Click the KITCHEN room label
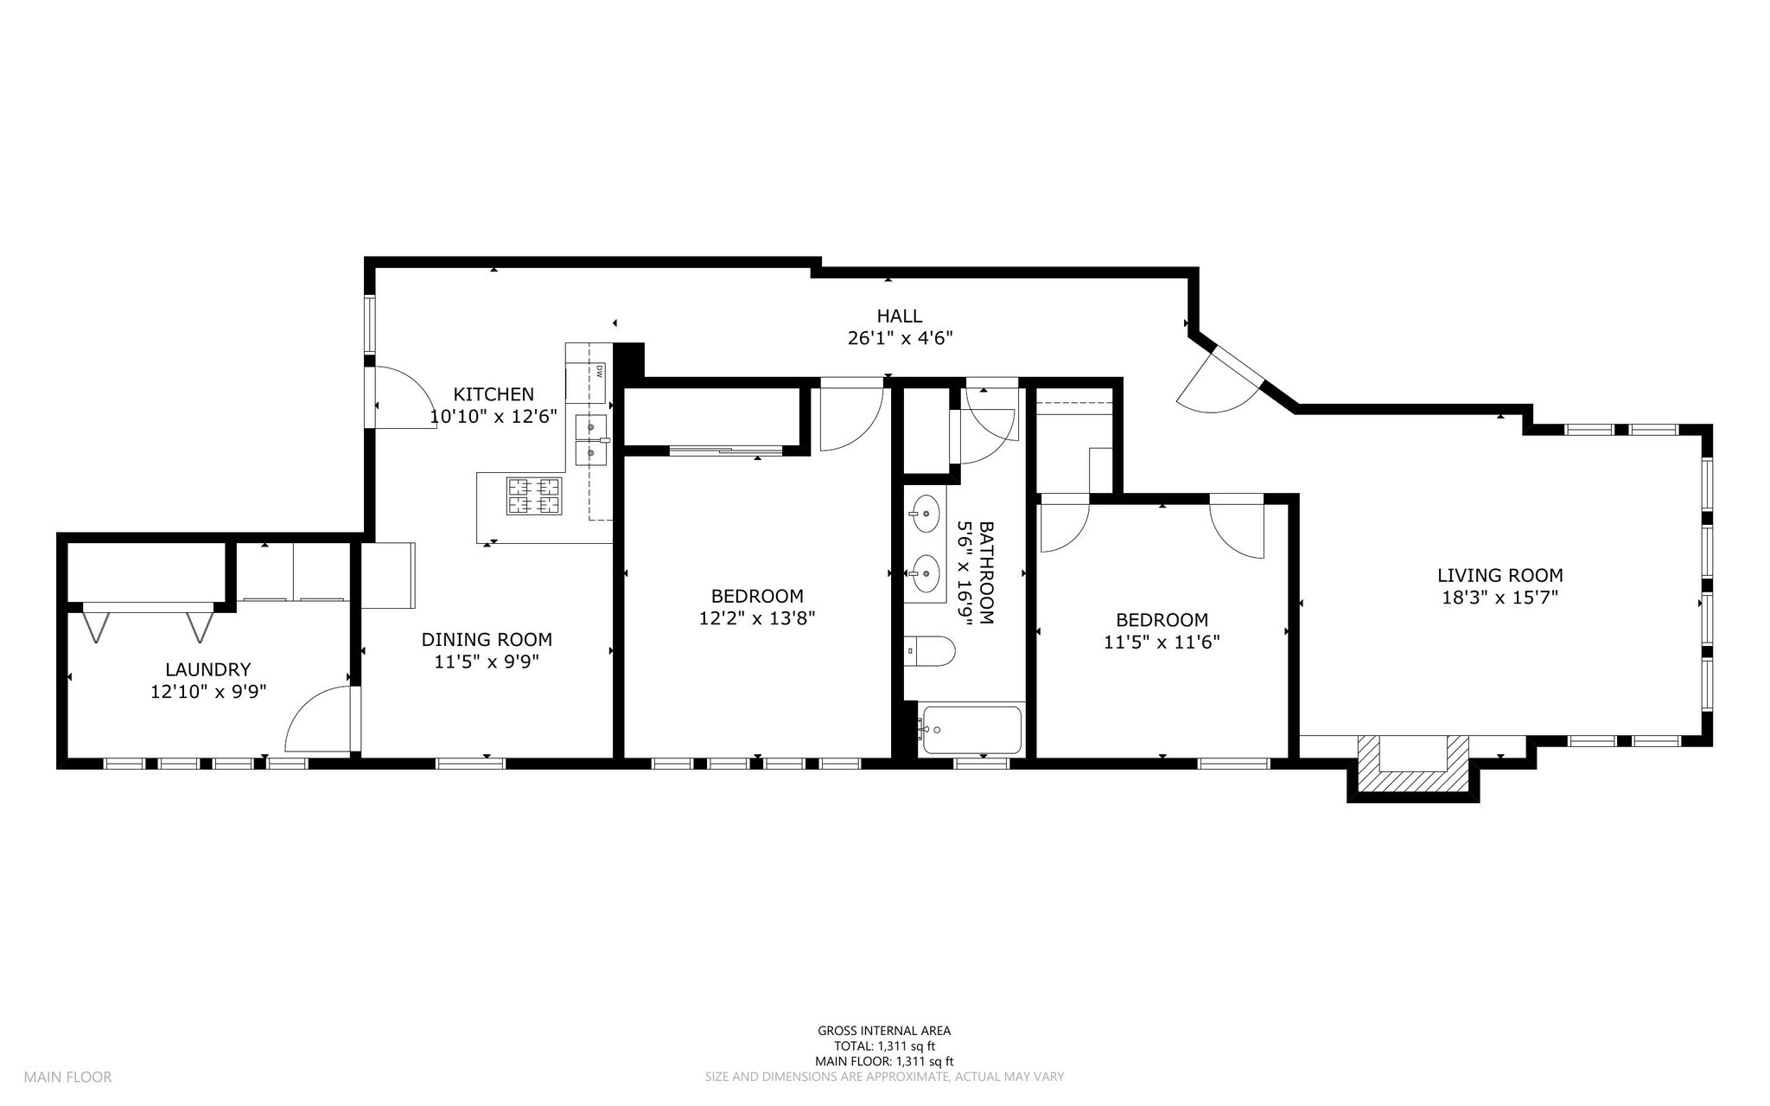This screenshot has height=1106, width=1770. click(x=494, y=394)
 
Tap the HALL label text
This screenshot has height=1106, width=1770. click(x=900, y=316)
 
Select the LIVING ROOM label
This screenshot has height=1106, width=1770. click(x=1500, y=575)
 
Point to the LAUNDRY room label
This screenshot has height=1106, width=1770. click(x=208, y=669)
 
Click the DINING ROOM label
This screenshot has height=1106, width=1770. click(x=487, y=640)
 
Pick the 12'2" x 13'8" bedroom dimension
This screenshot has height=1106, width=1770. click(x=757, y=618)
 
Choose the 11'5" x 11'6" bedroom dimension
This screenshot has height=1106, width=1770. click(x=1162, y=643)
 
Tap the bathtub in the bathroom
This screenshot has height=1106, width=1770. click(x=971, y=730)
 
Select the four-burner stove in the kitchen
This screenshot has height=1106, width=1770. click(x=534, y=496)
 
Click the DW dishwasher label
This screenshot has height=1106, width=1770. click(x=597, y=372)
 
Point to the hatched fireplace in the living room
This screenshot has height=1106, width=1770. click(x=1413, y=764)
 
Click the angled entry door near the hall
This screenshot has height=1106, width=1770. click(x=1220, y=380)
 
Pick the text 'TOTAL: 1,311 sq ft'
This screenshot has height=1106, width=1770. click(x=884, y=1045)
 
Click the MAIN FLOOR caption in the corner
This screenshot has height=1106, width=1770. click(x=67, y=1077)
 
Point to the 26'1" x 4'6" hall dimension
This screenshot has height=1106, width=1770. click(x=900, y=338)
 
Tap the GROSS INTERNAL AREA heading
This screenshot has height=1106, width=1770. click(x=884, y=1030)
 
